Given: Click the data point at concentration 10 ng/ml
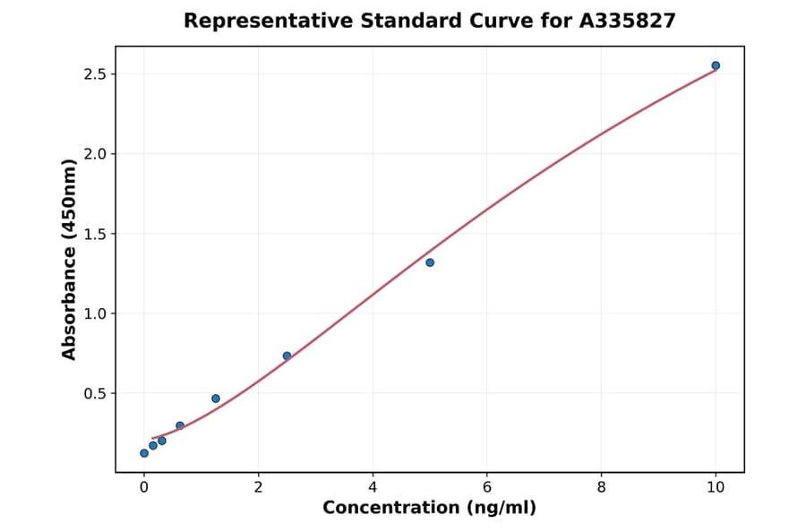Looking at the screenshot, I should pos(716,65).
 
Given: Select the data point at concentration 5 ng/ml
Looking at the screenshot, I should pos(430,262).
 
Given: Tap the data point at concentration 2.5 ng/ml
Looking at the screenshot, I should pos(287,356).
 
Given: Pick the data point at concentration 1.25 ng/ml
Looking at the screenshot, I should pos(216,399).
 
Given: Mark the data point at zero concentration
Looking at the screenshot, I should pos(144,453).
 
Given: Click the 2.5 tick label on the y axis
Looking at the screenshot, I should pos(95,74).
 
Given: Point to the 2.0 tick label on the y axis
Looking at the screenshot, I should pos(95,154).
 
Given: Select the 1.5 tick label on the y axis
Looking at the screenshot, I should pos(95,234).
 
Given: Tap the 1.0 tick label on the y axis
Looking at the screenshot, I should pos(95,313).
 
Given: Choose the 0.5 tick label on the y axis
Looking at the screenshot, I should pos(95,394).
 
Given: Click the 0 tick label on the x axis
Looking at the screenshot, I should pos(144,486).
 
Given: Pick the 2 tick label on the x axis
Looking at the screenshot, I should pos(258,486).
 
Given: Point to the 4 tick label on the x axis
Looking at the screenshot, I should pos(373,486).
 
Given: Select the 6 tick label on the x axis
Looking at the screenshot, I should pos(486,486).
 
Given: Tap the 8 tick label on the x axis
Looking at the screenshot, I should pos(601,486).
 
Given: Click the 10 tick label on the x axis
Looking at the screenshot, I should pos(716,486).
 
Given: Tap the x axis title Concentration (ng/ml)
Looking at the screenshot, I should pos(430,508).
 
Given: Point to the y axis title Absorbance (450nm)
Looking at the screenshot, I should pos(70,260).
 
